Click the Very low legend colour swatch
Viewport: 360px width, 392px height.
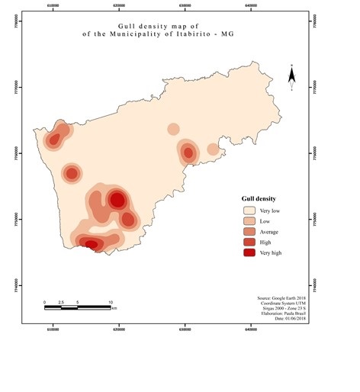point(249,210)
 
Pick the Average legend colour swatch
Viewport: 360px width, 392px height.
point(249,231)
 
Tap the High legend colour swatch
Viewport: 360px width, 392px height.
point(249,241)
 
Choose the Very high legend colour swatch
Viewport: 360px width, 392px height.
point(249,252)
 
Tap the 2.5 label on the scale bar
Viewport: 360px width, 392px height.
point(62,302)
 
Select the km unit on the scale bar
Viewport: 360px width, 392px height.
point(114,309)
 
